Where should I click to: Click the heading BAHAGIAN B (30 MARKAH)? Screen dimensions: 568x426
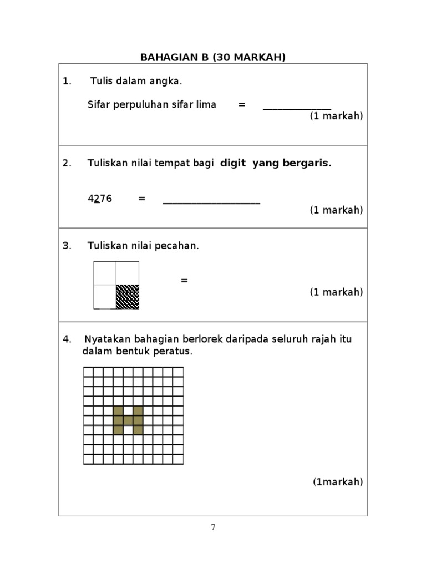(x=213, y=57)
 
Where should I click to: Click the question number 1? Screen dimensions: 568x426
(x=67, y=82)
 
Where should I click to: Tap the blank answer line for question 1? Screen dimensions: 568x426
(x=297, y=108)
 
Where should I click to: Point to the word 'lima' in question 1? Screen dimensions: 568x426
(x=206, y=104)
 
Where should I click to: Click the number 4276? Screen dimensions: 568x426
(x=100, y=199)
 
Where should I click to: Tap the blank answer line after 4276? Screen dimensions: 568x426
(x=211, y=202)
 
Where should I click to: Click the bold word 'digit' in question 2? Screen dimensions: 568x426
(x=233, y=163)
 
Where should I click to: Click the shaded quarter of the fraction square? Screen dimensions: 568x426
(x=128, y=297)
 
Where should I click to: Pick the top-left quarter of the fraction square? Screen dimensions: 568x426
(x=105, y=273)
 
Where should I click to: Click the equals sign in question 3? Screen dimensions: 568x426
(x=184, y=281)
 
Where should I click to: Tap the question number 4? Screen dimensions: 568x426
(x=67, y=339)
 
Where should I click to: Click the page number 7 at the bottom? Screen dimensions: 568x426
(x=213, y=528)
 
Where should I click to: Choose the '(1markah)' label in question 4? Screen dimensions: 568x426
(x=338, y=481)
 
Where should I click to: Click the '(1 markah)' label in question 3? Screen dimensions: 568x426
(x=336, y=292)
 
